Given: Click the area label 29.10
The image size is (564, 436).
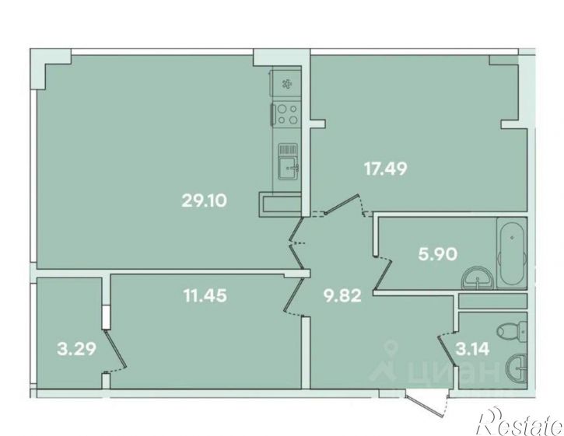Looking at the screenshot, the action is point(205,201).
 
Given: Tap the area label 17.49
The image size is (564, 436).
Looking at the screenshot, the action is point(386,169).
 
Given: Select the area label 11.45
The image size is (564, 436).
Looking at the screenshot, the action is point(205,295).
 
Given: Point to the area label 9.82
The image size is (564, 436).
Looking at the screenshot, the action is point(342,296).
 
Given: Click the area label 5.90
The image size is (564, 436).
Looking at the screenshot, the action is point(438,254).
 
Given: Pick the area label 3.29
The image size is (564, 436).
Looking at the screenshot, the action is point(76,349).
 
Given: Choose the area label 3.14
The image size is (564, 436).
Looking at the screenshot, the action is point(473,349).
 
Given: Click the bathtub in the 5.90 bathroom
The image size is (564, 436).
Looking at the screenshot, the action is point(512,253).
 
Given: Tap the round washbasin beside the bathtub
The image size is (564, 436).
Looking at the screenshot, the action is point(478,278).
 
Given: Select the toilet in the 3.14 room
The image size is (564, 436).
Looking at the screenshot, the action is point(511,330).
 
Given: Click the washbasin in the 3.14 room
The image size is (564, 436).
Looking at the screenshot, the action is point(517,368).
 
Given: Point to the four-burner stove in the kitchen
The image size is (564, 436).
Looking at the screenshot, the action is point(287,114).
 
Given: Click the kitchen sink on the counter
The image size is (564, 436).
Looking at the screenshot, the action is point(288,162).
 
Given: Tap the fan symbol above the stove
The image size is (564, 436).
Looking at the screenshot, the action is point(287,84).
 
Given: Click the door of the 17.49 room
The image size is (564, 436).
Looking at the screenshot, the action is point(343,204).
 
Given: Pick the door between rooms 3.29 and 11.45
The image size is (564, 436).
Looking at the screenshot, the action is point(115,349).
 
